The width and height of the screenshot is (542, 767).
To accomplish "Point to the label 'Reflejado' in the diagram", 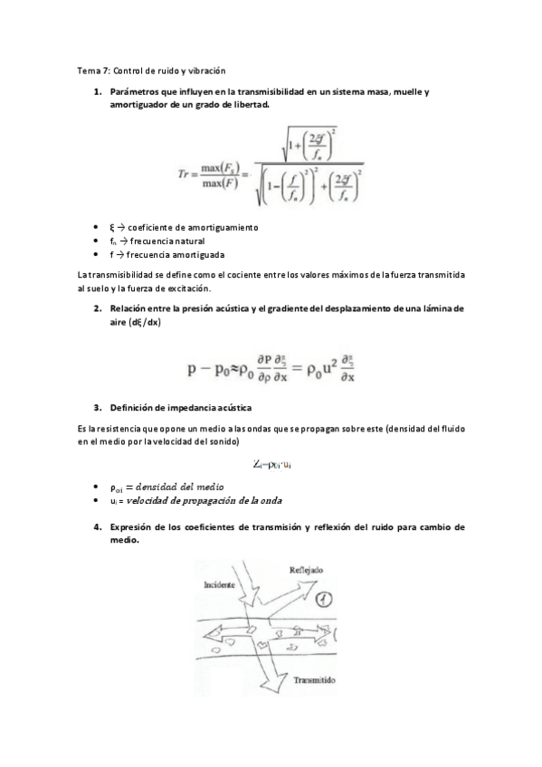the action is point(306,571).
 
